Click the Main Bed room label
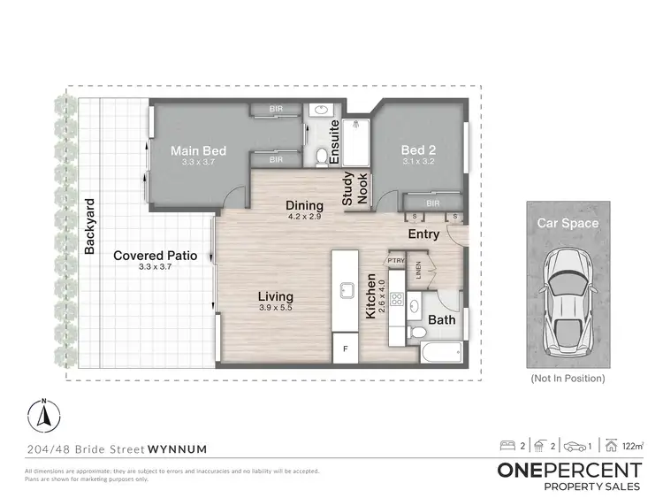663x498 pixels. click(x=198, y=151)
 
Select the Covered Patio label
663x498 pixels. click(x=155, y=256)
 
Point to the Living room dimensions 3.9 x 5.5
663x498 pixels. click(x=276, y=308)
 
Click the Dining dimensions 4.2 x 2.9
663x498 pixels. click(x=304, y=217)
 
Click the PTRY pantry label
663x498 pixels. click(x=395, y=260)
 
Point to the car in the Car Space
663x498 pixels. click(x=567, y=296)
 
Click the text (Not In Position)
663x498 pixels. click(x=567, y=378)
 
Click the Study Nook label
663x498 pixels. click(x=354, y=188)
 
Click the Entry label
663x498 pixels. click(x=423, y=234)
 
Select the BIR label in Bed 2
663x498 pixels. click(x=432, y=203)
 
